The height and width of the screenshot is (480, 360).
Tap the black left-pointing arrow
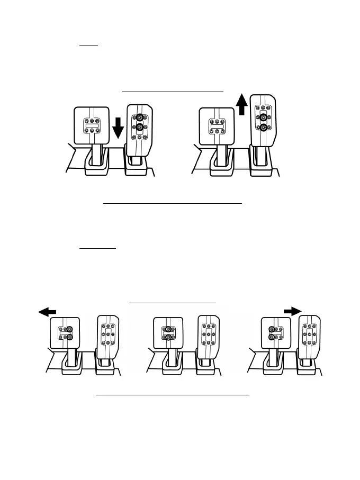47,313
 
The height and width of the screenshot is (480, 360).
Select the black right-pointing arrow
291,311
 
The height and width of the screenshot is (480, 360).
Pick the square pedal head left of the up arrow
216,125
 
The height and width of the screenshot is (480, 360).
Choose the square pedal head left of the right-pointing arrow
275,334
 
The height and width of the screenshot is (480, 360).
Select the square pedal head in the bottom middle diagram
167,334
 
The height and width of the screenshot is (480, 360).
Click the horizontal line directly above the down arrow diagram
173,92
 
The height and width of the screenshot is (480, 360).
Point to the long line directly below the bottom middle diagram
172,395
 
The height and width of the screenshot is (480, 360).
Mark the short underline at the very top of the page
89,46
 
